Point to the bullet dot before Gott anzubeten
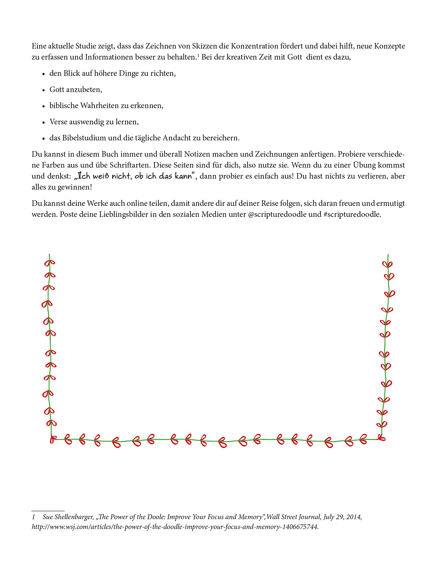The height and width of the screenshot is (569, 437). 44,90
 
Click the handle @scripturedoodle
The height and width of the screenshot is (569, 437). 277,214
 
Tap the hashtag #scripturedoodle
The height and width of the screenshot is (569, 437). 352,214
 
